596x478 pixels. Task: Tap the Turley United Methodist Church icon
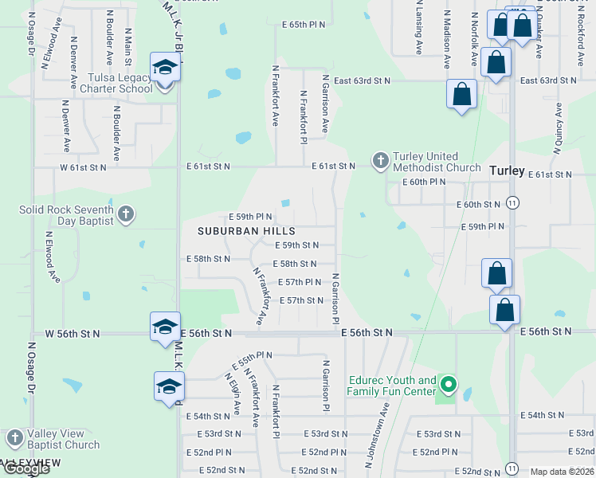(x=380, y=162)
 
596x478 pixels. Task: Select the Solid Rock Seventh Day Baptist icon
(x=126, y=214)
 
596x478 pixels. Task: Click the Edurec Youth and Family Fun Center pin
(x=449, y=386)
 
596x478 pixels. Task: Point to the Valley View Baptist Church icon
(x=14, y=439)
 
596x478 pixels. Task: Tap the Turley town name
(x=507, y=170)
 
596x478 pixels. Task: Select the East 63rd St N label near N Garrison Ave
(x=362, y=80)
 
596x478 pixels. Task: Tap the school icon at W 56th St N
(x=165, y=327)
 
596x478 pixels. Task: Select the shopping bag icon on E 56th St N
(x=504, y=310)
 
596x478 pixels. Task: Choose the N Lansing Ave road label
(x=418, y=28)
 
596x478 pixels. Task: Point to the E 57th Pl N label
(x=299, y=282)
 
